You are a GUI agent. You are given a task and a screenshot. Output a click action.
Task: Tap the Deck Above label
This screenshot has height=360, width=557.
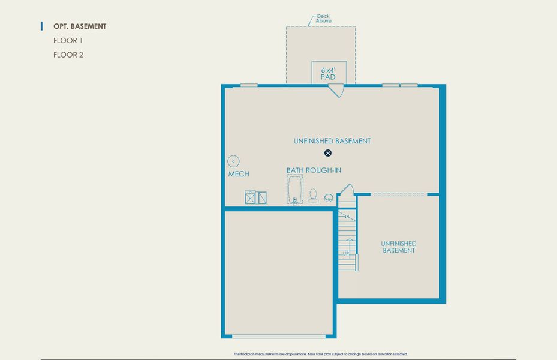324,19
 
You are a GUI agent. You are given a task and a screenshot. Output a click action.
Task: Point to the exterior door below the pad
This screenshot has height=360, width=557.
336,91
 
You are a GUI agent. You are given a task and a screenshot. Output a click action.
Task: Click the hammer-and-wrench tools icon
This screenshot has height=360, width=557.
328,153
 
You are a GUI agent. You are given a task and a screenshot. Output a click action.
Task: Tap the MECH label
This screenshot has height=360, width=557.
239,174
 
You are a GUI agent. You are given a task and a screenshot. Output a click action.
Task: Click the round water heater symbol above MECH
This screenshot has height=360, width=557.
234,161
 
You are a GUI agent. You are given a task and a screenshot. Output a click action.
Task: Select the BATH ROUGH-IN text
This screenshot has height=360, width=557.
314,170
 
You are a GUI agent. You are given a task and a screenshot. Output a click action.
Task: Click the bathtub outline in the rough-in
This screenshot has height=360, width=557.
295,190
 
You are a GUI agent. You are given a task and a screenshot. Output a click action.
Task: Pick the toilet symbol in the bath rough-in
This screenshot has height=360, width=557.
313,196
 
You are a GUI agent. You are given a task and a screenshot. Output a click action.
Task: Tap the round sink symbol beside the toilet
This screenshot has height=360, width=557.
329,197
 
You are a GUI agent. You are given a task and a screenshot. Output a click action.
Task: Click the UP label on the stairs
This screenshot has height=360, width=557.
345,254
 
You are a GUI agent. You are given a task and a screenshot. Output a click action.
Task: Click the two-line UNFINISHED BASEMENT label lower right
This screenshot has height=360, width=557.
399,247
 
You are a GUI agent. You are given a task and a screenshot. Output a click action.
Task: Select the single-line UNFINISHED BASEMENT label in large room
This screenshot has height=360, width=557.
332,141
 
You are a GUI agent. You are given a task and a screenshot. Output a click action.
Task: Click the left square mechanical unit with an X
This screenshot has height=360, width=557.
250,197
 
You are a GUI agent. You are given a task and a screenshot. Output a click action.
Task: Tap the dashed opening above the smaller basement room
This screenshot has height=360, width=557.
398,194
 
